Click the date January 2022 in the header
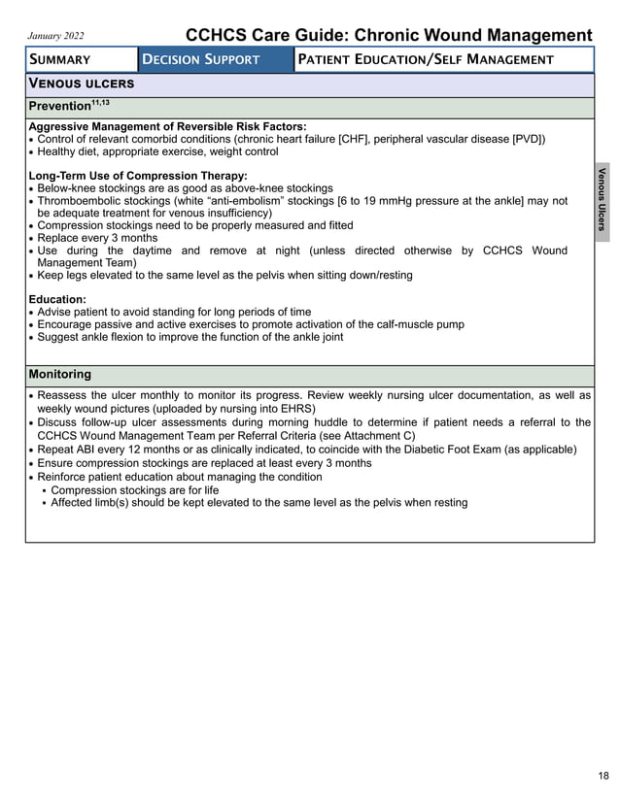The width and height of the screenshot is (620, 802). tap(56, 37)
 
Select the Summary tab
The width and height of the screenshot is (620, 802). tap(59, 60)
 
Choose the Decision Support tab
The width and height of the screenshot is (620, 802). tap(201, 60)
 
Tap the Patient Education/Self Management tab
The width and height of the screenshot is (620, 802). tap(426, 60)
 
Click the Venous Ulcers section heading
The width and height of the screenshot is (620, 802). tap(82, 84)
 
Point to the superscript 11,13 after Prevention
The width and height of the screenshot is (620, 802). tap(102, 101)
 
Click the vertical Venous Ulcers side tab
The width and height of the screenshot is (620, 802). tap(602, 200)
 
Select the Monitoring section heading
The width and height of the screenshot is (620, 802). tap(60, 374)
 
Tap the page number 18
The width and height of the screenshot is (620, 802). tap(603, 776)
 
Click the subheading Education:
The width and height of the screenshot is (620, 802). tap(57, 299)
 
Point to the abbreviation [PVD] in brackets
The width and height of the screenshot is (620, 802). tap(527, 139)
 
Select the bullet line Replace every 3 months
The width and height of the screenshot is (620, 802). tap(97, 238)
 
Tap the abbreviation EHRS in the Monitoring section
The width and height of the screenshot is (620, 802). tap(295, 409)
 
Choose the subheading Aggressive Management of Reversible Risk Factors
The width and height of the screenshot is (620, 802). tap(167, 126)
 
